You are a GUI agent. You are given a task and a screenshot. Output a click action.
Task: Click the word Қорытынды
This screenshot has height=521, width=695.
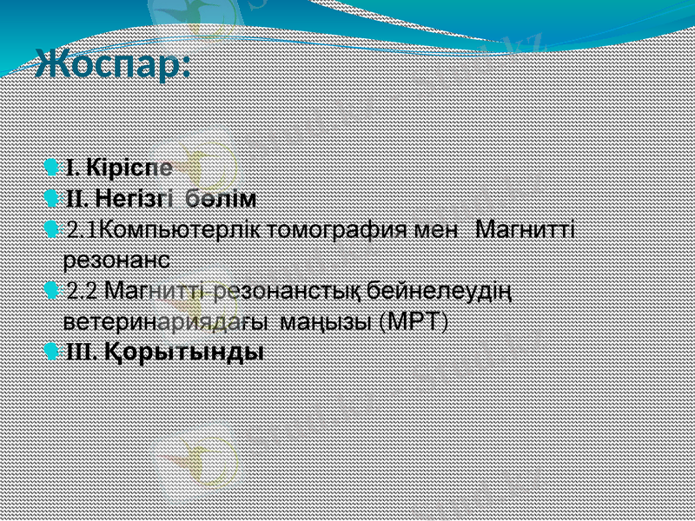click(184, 353)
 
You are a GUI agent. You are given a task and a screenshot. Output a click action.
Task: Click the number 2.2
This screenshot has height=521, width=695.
click(83, 292)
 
